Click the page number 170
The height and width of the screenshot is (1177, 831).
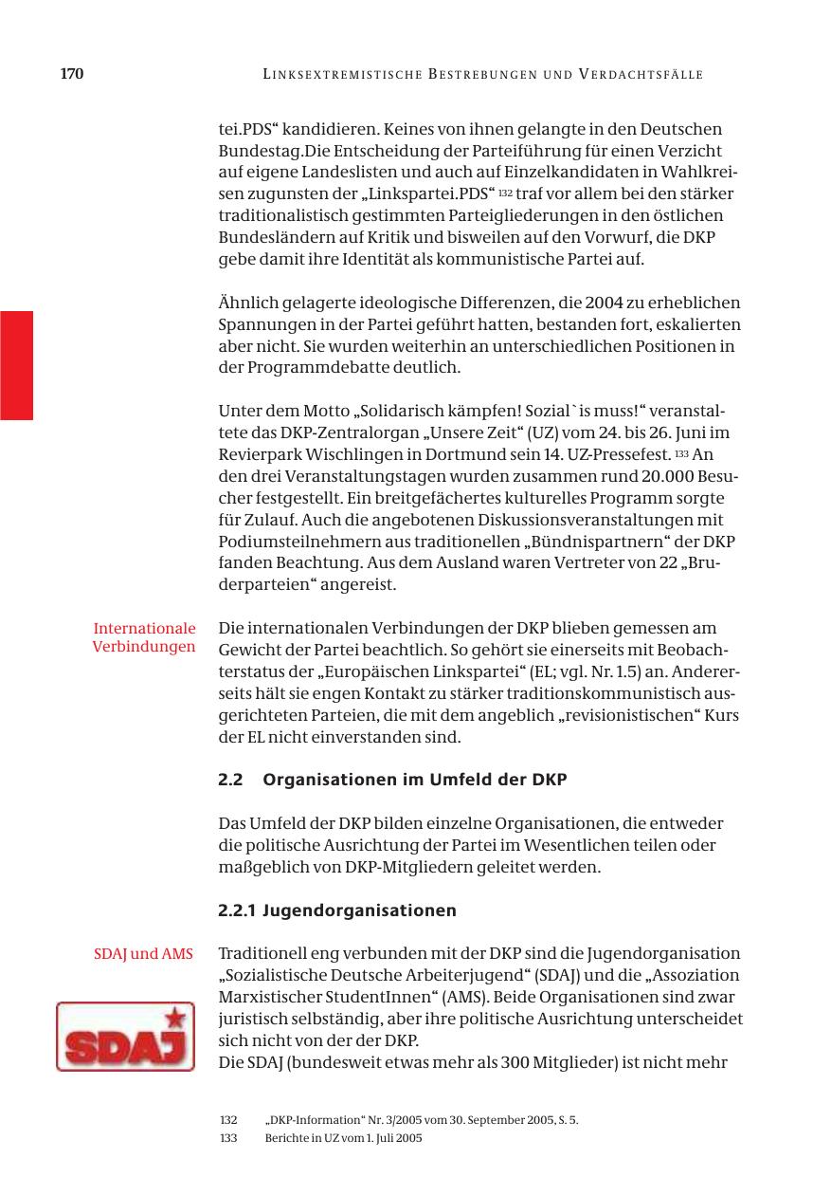[x=72, y=74]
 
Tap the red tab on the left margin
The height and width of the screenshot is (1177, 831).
[x=16, y=365]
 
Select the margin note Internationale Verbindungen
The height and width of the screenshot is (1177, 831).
[x=144, y=637]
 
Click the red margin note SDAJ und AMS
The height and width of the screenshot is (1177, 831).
[x=143, y=953]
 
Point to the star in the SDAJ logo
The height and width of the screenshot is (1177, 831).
[x=174, y=1019]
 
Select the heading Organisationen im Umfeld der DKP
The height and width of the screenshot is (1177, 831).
[x=414, y=780]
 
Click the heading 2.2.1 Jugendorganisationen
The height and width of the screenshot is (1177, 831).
[x=336, y=910]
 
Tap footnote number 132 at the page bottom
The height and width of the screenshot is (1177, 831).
[x=228, y=1120]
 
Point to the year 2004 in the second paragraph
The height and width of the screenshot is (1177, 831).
[x=605, y=303]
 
